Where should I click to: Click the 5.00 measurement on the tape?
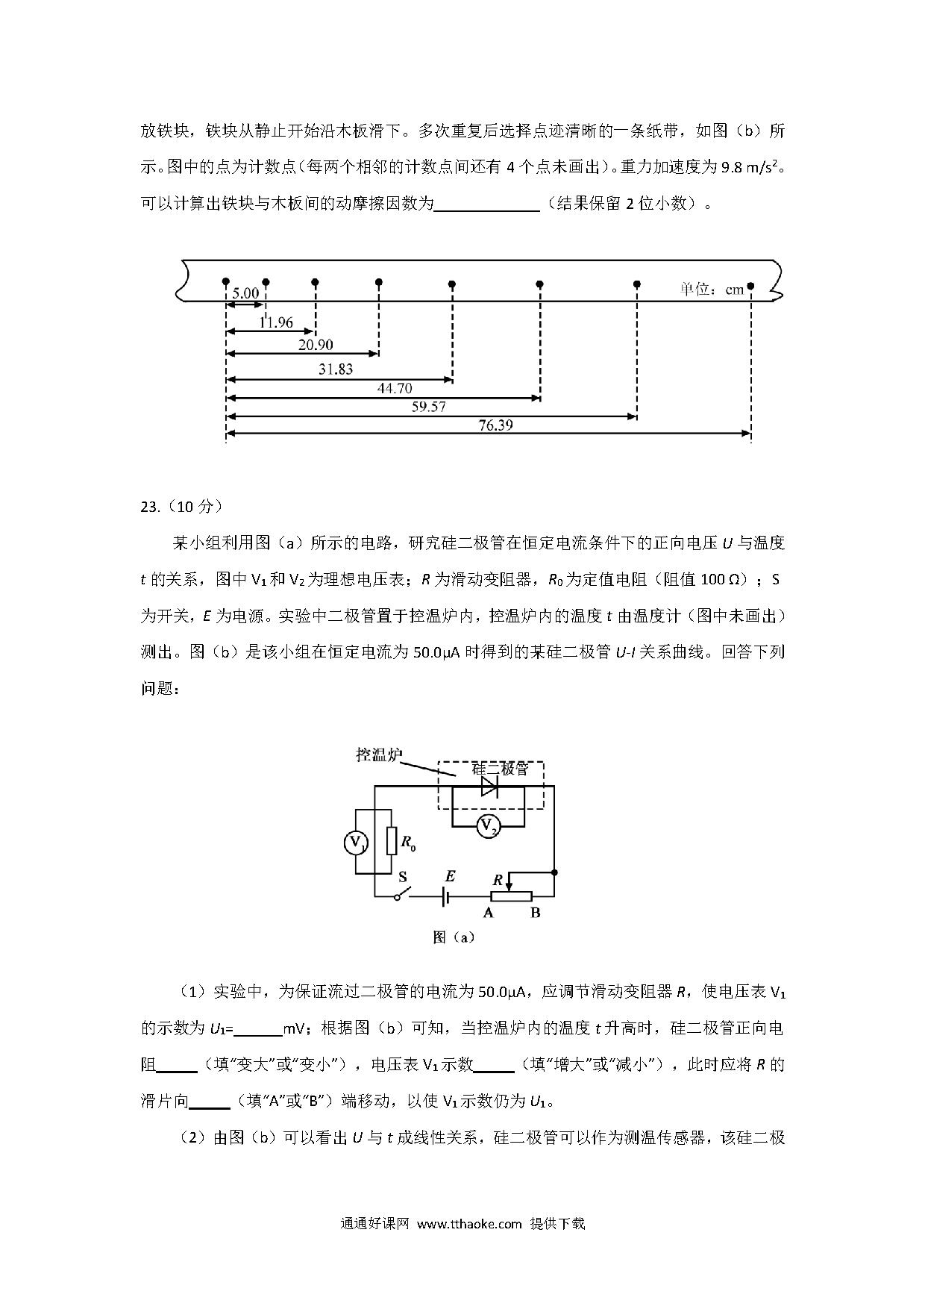245,293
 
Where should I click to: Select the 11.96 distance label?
276,322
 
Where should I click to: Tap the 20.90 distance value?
316,344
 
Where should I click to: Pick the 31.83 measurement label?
336,369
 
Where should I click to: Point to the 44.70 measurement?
395,388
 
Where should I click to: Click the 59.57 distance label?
429,407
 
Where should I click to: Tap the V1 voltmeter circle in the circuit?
355,843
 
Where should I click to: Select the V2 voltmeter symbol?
488,826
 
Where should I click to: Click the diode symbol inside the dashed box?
489,786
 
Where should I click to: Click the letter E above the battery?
450,876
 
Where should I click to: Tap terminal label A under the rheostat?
489,912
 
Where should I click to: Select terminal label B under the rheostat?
535,912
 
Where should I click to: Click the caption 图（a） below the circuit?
454,937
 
